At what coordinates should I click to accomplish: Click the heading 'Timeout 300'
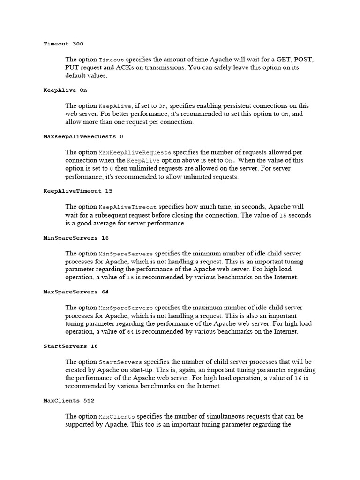(x=63, y=44)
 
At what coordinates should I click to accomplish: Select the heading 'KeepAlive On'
(x=65, y=90)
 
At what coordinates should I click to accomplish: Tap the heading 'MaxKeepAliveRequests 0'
(x=83, y=136)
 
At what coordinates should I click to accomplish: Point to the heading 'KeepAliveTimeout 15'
(x=78, y=191)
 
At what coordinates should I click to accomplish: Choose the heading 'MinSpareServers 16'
(x=76, y=238)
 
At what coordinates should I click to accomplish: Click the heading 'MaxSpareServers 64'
(x=76, y=292)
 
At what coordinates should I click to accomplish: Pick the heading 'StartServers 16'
(x=71, y=346)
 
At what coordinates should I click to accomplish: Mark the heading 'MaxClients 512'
(x=68, y=401)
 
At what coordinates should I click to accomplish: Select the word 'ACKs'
(x=125, y=67)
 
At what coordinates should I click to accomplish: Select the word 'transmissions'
(x=162, y=67)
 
